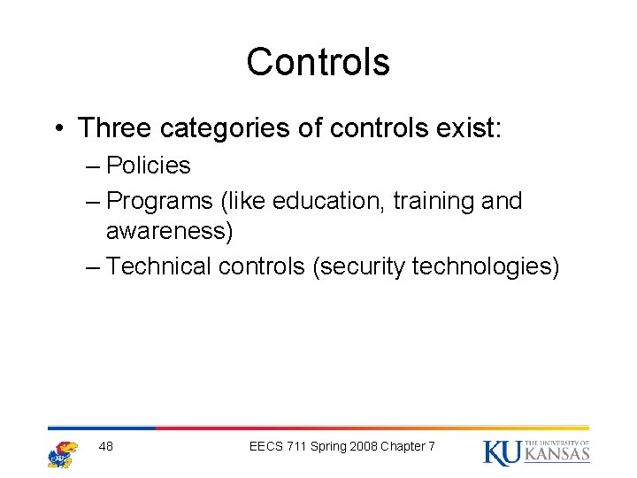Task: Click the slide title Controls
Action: [x=318, y=62]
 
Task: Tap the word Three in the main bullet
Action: [x=113, y=128]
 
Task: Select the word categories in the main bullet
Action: [x=224, y=128]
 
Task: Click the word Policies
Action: [x=148, y=166]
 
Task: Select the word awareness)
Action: [x=169, y=232]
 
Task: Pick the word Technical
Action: [x=161, y=266]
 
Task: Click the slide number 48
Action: [x=106, y=446]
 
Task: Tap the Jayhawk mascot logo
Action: [x=62, y=452]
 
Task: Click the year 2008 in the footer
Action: [x=362, y=446]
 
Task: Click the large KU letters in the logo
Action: [x=503, y=452]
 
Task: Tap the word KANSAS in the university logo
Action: [x=557, y=455]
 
